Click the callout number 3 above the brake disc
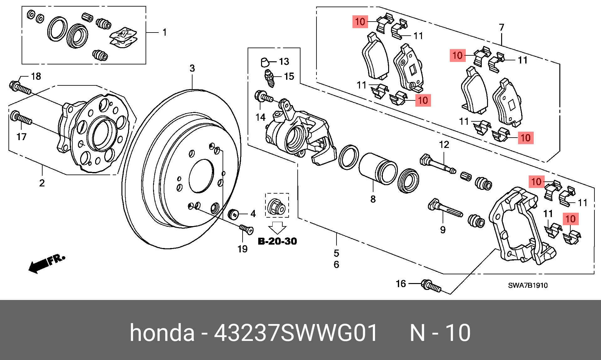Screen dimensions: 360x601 tap(192, 68)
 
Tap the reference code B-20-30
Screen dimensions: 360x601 tap(277, 241)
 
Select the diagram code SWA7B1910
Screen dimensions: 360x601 tap(528, 285)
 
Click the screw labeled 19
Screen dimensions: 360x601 tap(246, 229)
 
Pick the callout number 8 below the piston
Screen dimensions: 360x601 tap(373, 199)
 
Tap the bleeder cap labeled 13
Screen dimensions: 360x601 tap(265, 62)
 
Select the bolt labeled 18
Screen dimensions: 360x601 tap(20, 87)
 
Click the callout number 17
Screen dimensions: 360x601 tap(22, 137)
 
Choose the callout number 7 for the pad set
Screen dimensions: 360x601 tap(501, 28)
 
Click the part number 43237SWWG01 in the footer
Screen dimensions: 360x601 tap(296, 333)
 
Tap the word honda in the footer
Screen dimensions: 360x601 tap(162, 333)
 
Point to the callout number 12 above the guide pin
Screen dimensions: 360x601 tap(444, 145)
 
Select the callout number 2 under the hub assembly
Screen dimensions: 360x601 tap(42, 183)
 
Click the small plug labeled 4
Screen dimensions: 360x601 tap(233, 214)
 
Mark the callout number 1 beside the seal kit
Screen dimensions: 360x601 tap(165, 32)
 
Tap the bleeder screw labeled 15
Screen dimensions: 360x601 tap(270, 78)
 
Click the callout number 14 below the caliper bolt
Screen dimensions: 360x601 tap(260, 117)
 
